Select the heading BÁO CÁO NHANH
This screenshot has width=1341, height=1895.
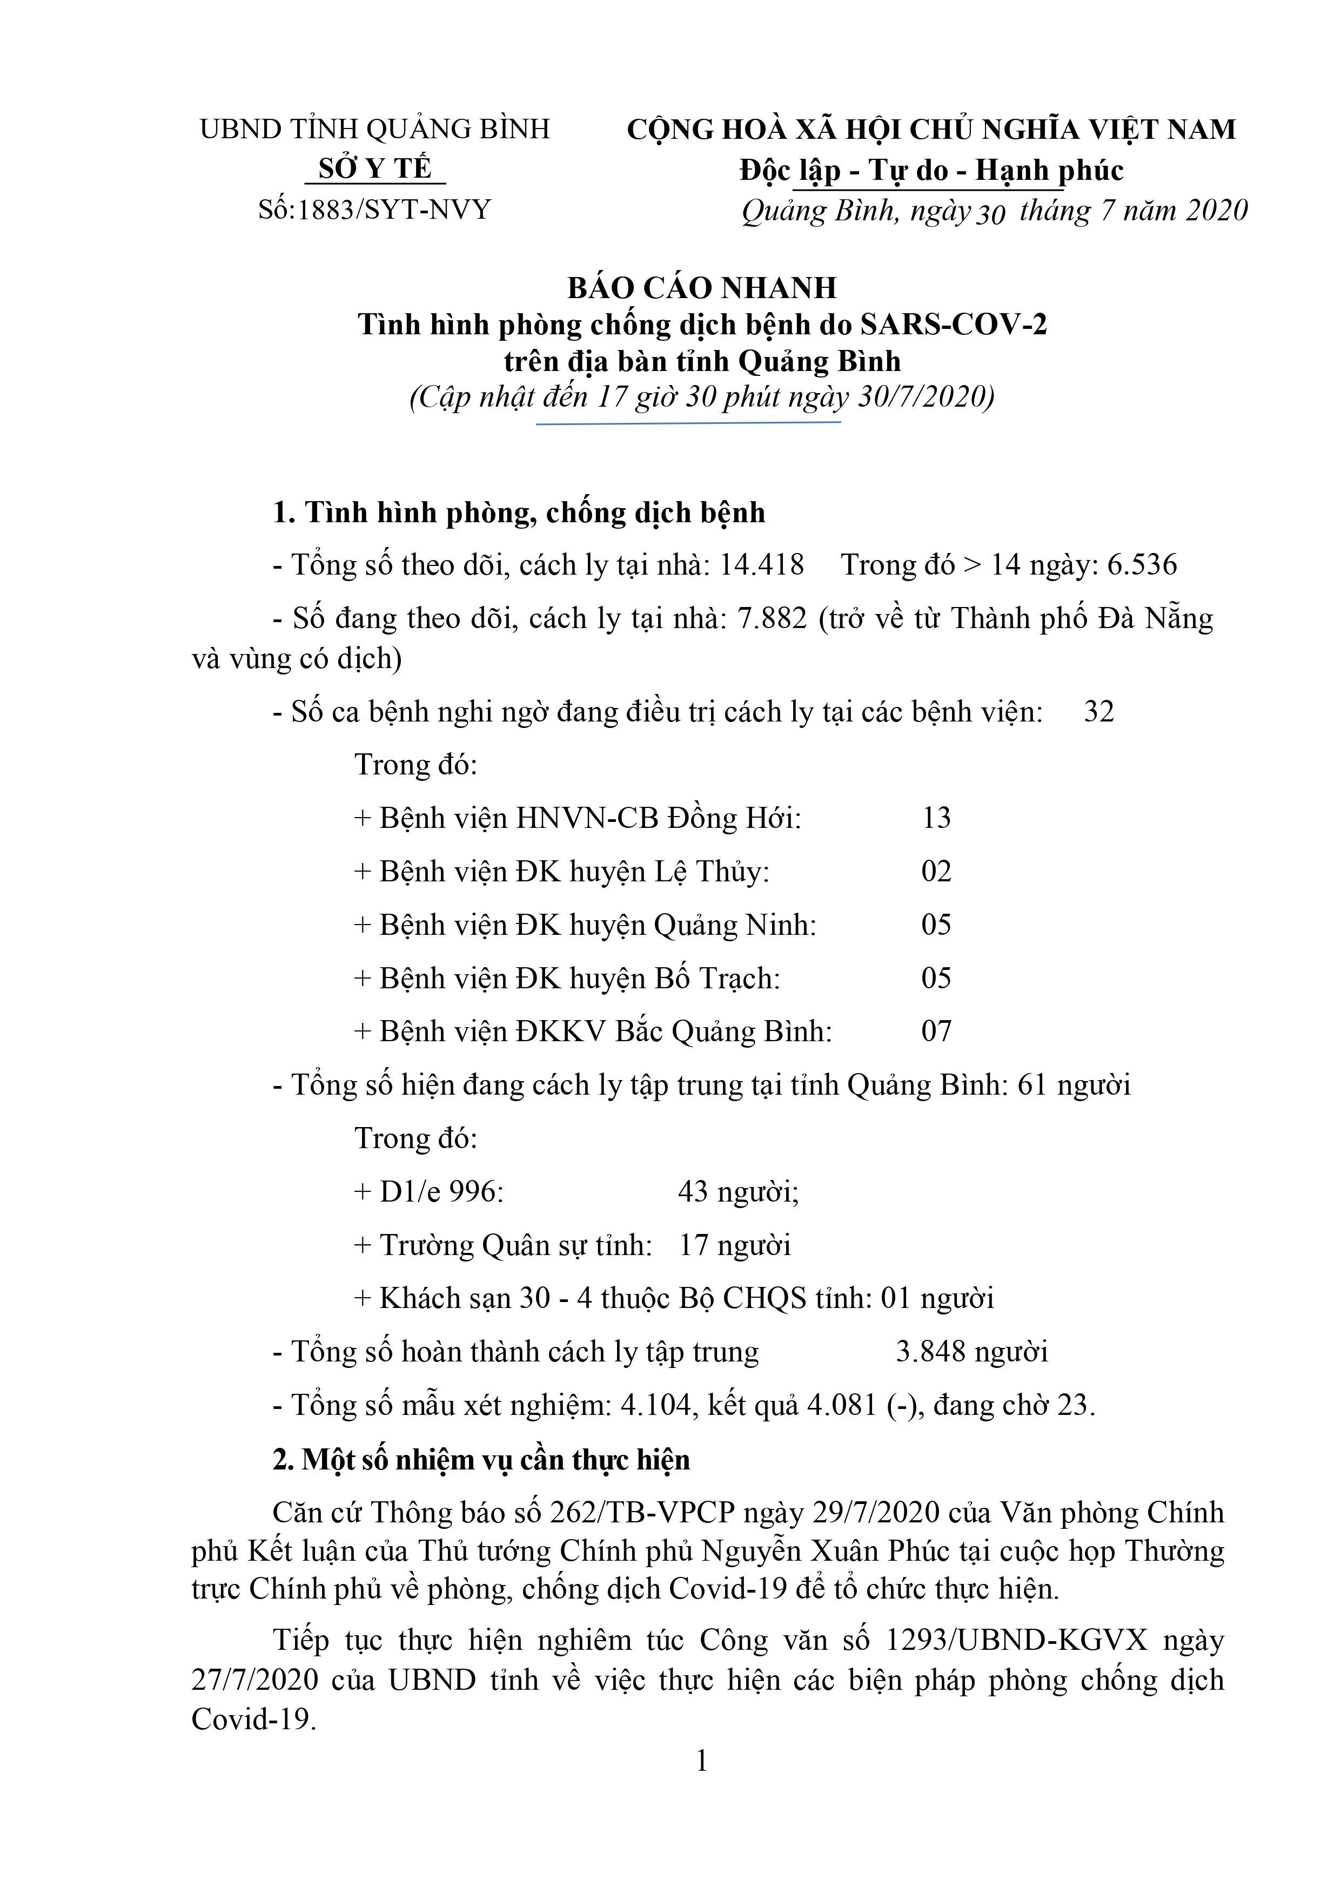coord(702,288)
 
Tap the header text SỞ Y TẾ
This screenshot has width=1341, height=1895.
coord(376,169)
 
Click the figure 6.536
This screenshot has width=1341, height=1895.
coord(1142,565)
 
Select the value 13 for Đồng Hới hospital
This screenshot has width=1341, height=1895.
coord(936,819)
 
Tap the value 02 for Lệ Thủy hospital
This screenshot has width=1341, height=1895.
coord(936,872)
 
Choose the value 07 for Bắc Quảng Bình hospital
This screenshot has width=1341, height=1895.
coord(936,1031)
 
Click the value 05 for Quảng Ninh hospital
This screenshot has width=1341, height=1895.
coord(936,925)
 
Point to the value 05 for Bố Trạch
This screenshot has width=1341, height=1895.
coord(936,979)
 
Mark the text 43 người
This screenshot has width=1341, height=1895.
coord(738,1192)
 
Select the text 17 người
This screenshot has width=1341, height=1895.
coord(735,1245)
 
